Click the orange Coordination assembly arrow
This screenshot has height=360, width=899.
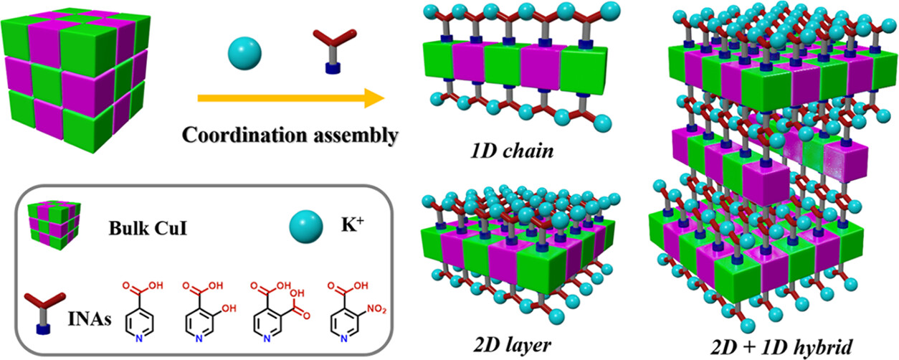pos(287,100)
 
